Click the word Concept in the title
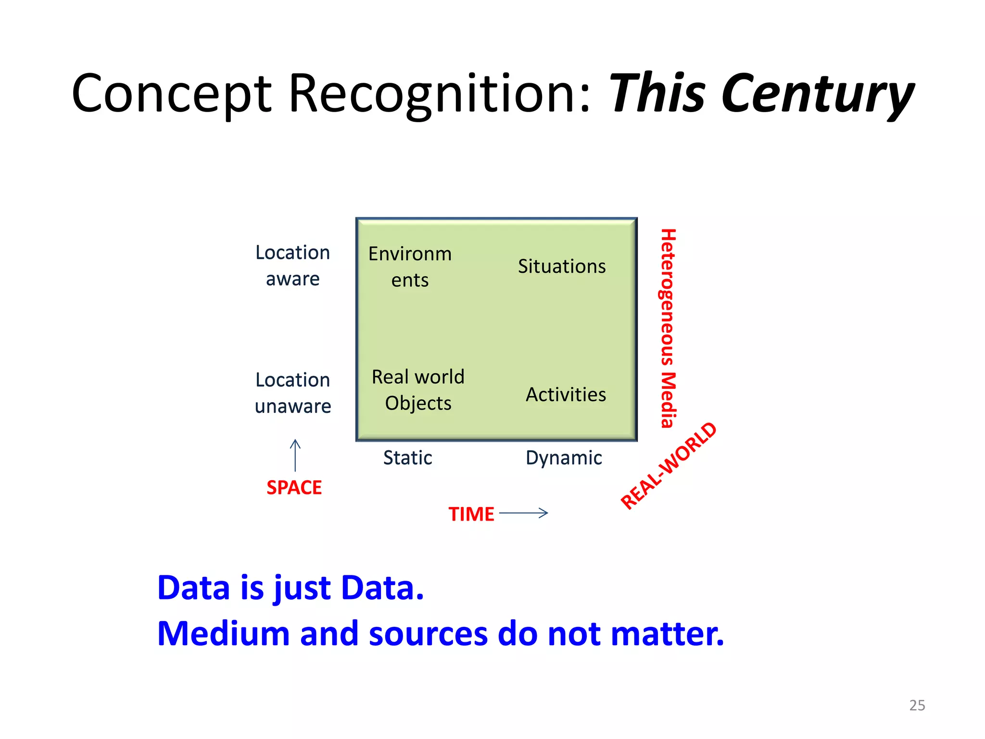pyautogui.click(x=172, y=94)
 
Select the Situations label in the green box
pyautogui.click(x=561, y=267)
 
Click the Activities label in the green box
pyautogui.click(x=566, y=395)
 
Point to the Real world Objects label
pyautogui.click(x=418, y=390)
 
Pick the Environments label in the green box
pyautogui.click(x=410, y=267)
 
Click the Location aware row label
pyautogui.click(x=292, y=266)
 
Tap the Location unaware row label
pyautogui.click(x=292, y=393)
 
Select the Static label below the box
pyautogui.click(x=407, y=458)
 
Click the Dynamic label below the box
pyautogui.click(x=564, y=458)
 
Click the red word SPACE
pyautogui.click(x=294, y=488)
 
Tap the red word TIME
pyautogui.click(x=471, y=514)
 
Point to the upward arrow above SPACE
pyautogui.click(x=295, y=455)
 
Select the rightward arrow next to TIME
pyautogui.click(x=524, y=513)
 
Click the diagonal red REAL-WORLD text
pyautogui.click(x=669, y=465)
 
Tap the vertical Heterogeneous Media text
pyautogui.click(x=668, y=328)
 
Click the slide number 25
pyautogui.click(x=917, y=705)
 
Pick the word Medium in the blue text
pyautogui.click(x=223, y=634)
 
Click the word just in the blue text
pyautogui.click(x=302, y=588)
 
